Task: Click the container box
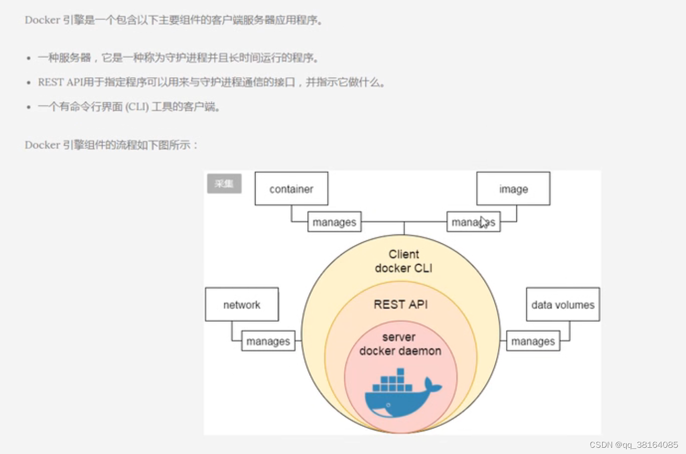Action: (291, 189)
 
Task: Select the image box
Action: (513, 189)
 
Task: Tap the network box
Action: (242, 304)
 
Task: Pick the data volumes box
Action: (563, 304)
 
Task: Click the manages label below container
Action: (334, 222)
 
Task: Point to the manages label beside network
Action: (268, 341)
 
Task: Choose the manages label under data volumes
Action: (533, 341)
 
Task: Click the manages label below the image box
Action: (473, 222)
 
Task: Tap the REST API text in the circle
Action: (401, 304)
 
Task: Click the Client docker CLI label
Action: (404, 261)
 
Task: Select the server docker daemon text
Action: (400, 344)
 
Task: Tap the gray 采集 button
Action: (224, 184)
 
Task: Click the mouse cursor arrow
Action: (484, 222)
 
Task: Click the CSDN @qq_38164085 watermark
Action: (633, 445)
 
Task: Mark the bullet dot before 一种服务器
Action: (29, 58)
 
